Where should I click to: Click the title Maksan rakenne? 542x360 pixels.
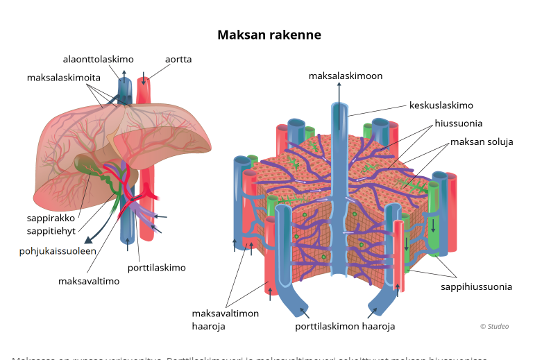tap(269, 34)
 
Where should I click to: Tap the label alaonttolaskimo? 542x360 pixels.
tap(98, 60)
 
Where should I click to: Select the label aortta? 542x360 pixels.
tap(178, 60)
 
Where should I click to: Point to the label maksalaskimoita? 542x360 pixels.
tap(63, 77)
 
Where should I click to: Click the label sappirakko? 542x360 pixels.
tap(50, 217)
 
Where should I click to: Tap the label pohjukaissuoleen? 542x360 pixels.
tap(57, 251)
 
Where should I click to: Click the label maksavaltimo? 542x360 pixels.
tap(89, 281)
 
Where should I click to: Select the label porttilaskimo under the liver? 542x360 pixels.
tap(156, 267)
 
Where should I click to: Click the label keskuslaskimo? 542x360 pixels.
tap(441, 105)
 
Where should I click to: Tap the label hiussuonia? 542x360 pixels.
tap(459, 123)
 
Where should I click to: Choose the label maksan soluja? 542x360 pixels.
tap(482, 142)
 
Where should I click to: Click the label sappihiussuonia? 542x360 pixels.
tap(476, 286)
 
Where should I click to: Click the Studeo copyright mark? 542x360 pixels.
tap(494, 326)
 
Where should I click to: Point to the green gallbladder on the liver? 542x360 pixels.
tap(87, 165)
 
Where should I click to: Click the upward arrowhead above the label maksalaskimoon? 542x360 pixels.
tap(339, 85)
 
